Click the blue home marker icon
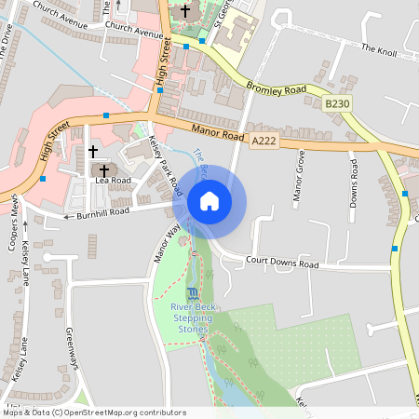[x=209, y=201]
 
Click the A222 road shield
[x=264, y=140]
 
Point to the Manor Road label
[x=217, y=134]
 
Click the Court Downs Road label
[x=282, y=264]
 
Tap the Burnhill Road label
[x=102, y=213]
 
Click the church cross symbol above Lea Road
[x=92, y=150]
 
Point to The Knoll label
[x=379, y=48]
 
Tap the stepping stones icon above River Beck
[x=193, y=293]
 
